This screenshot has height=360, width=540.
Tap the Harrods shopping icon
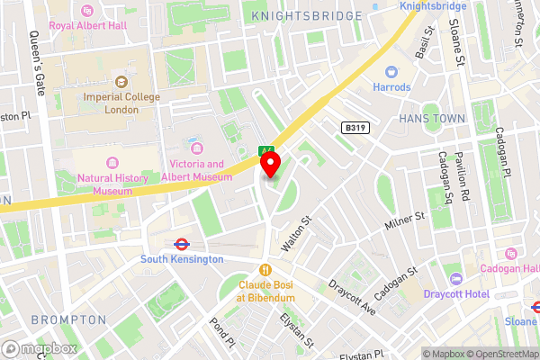pyautogui.click(x=391, y=72)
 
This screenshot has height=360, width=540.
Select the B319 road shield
pyautogui.click(x=355, y=129)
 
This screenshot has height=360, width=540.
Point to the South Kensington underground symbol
pyautogui.click(x=181, y=243)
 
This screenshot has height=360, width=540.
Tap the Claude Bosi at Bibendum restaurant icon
pyautogui.click(x=265, y=269)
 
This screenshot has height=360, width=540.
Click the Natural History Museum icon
pyautogui.click(x=112, y=162)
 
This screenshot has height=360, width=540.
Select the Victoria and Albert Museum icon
pyautogui.click(x=196, y=147)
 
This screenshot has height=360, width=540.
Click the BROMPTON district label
pyautogui.click(x=68, y=319)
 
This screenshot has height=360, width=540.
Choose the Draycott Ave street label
pyautogui.click(x=352, y=298)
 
